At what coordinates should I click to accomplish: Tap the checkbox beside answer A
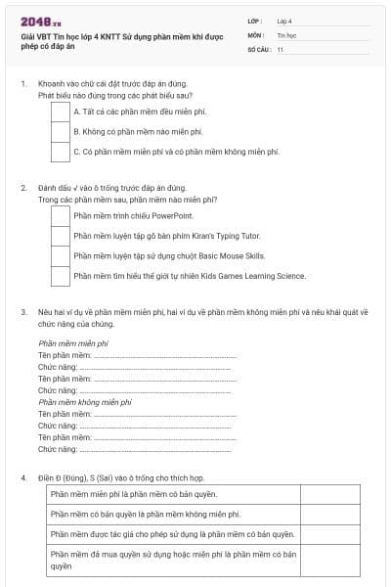60,112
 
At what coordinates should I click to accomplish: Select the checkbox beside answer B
60,131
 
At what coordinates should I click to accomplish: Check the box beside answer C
60,152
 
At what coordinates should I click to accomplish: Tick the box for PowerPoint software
60,215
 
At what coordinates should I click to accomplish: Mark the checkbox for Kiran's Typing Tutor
60,236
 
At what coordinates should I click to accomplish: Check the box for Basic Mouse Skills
60,256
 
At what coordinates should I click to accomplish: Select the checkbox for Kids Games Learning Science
60,276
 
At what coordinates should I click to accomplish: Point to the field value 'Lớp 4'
284,20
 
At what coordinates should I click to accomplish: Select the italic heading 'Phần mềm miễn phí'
72,344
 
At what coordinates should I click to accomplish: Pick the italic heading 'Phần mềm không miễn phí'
84,402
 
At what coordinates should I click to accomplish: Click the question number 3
23,312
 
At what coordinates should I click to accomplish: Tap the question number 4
23,477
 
